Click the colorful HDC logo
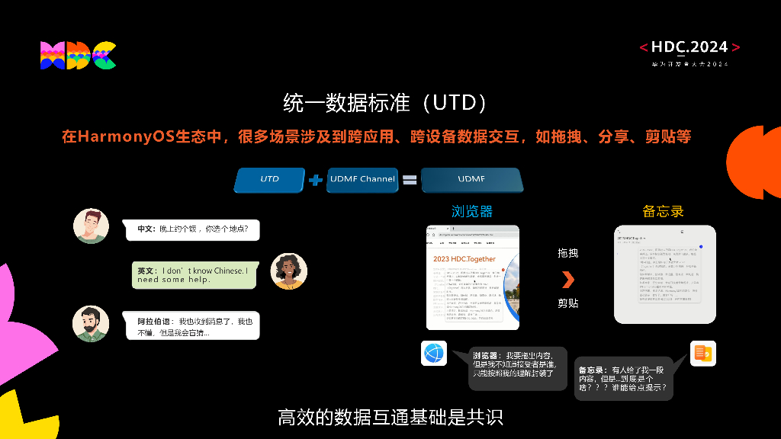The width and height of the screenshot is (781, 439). click(78, 56)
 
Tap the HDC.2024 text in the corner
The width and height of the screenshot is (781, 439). click(689, 47)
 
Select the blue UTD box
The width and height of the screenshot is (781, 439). click(269, 179)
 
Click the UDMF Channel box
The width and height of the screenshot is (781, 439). click(362, 179)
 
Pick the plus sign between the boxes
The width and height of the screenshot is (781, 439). click(317, 180)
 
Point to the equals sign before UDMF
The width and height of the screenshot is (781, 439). click(410, 180)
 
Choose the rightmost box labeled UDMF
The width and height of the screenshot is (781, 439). click(471, 179)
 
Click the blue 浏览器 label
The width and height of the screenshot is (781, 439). click(472, 211)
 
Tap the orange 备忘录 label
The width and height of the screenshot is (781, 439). click(663, 211)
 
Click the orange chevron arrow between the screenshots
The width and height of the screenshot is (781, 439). click(567, 279)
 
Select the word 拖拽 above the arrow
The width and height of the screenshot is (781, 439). click(567, 253)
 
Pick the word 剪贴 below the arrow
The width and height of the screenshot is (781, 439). click(567, 303)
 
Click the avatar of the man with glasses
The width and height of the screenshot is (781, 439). click(91, 226)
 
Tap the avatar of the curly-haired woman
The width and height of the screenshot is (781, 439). click(289, 271)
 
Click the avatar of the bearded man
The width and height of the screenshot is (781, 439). click(91, 323)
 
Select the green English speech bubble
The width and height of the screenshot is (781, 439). click(194, 275)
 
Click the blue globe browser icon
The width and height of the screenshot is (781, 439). click(434, 354)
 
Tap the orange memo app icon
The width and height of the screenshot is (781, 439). click(702, 354)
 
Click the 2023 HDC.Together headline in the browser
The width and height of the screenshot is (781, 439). click(464, 259)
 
